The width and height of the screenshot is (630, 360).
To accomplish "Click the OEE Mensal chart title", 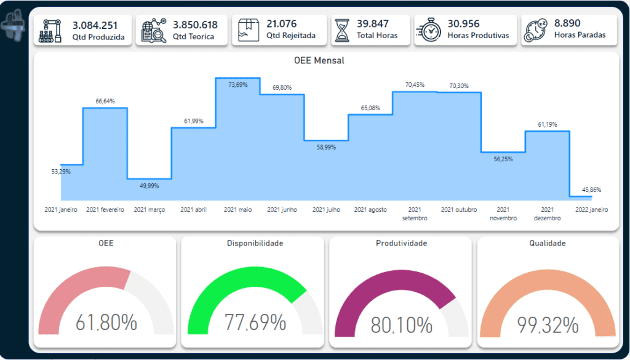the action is point(319,61).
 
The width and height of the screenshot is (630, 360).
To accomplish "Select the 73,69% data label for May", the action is point(238,84).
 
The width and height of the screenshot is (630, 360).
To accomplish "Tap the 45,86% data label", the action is point(592,190).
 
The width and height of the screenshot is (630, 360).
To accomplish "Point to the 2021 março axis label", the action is point(150,210).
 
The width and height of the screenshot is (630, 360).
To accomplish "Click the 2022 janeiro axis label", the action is point(592,210).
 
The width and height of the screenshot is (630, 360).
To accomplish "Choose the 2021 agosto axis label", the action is point(370,210).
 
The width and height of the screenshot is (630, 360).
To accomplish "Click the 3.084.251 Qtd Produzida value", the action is point(95,26).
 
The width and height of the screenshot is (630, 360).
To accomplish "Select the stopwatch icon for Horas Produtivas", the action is point(429,30).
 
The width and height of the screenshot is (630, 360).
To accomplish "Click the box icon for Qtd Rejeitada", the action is point(247,31).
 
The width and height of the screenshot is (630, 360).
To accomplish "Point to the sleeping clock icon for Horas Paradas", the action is point(536,31).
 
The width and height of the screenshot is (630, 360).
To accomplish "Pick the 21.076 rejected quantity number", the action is point(282,24).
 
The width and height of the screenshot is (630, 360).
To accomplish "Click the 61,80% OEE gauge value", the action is point(106,322).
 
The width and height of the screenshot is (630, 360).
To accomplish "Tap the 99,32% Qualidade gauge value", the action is point(548,325).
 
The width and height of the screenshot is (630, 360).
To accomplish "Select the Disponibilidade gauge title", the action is point(255,244).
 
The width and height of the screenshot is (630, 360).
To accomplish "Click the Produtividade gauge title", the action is point(401,244).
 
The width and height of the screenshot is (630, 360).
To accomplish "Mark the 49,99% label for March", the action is point(150,186).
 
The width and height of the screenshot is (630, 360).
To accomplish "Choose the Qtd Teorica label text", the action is point(194,37).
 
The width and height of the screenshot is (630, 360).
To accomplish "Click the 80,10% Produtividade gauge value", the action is point(401,325).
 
